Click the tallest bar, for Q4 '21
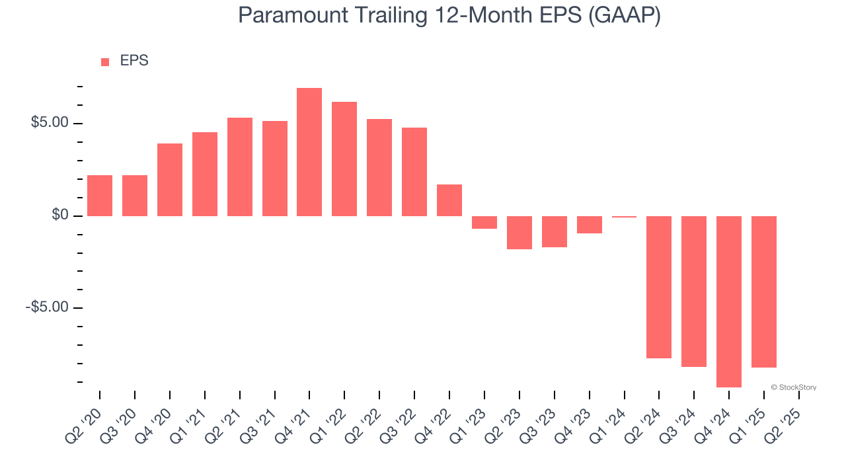coord(309,152)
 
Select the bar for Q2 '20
coord(100,196)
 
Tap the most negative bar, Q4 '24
coord(729,301)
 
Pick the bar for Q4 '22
coord(449,200)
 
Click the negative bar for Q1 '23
coord(484,223)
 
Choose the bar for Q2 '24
coord(659,287)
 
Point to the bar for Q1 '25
coord(763,292)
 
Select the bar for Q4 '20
coord(170,180)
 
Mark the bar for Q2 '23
coord(519,233)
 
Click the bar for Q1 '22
coord(344,159)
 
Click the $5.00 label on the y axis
coord(50,122)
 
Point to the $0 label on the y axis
coord(60,215)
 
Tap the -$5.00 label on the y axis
coord(47,307)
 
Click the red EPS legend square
coord(105,62)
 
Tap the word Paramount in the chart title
coord(293,15)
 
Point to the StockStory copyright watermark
coord(794,387)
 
